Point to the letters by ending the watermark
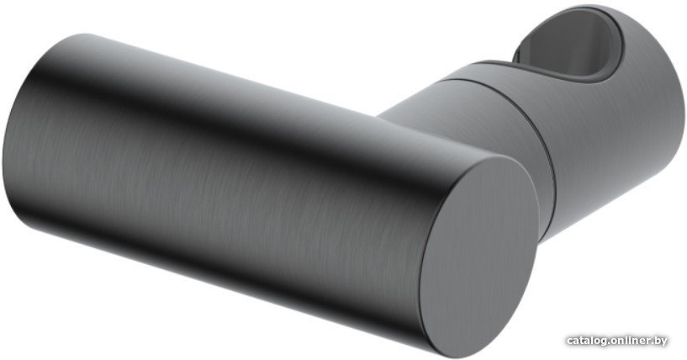[660, 341]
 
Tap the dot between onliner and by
[652, 343]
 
